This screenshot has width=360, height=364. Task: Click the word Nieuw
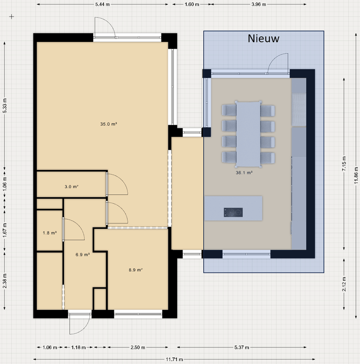tap(264, 38)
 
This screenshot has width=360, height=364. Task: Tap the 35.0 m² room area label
tap(108, 124)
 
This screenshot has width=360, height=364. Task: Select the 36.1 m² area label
tap(244, 173)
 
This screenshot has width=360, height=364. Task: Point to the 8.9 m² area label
tap(136, 270)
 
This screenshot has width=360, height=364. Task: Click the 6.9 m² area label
tap(83, 255)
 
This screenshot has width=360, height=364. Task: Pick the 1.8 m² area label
tap(50, 233)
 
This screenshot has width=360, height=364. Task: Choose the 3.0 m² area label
tap(71, 187)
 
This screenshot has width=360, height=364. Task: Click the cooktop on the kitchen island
tap(233, 212)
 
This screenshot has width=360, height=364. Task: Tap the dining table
tap(248, 134)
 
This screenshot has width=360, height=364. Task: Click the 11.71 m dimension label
tap(174, 359)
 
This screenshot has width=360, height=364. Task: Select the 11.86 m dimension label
tap(356, 176)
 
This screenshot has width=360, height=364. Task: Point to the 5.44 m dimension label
tap(102, 5)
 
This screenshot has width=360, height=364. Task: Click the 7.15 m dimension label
tap(344, 164)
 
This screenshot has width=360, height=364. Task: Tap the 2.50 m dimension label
tap(138, 347)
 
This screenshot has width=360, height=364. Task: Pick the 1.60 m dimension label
tap(192, 5)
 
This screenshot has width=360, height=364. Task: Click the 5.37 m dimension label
tap(242, 347)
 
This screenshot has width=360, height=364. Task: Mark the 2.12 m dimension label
tap(344, 284)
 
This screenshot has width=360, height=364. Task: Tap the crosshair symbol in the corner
tap(12, 16)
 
